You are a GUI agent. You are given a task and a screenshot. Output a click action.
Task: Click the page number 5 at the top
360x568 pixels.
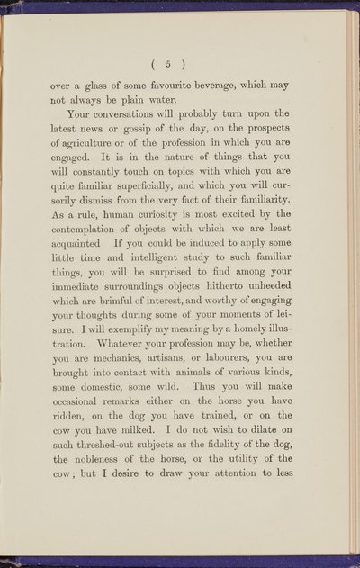[181, 64]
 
